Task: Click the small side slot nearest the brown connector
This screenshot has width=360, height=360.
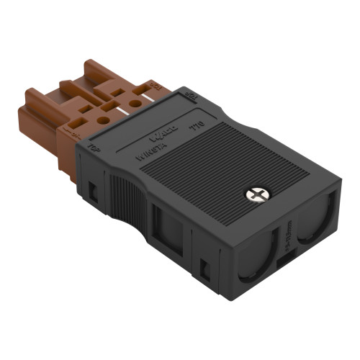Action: (x=94, y=191)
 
